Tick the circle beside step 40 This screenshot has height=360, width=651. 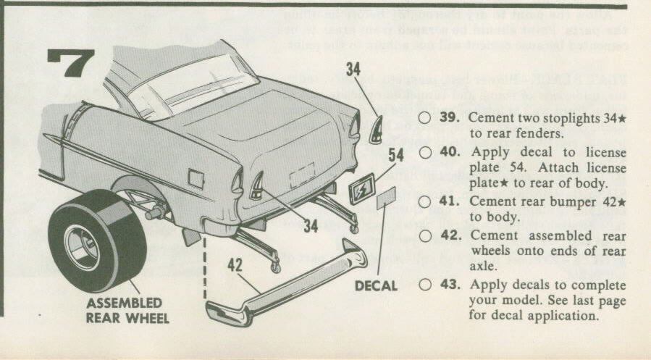click(x=424, y=152)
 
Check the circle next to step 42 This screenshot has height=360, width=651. click(x=424, y=235)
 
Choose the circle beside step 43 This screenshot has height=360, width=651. click(x=424, y=283)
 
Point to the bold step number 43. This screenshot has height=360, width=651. click(x=452, y=283)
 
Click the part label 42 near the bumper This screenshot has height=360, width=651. click(x=234, y=266)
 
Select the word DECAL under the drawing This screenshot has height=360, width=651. click(x=376, y=285)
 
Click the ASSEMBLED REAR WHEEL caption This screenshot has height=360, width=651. click(x=124, y=311)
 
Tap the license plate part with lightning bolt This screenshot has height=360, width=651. click(x=361, y=190)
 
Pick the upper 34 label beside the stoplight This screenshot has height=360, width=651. click(x=353, y=70)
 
